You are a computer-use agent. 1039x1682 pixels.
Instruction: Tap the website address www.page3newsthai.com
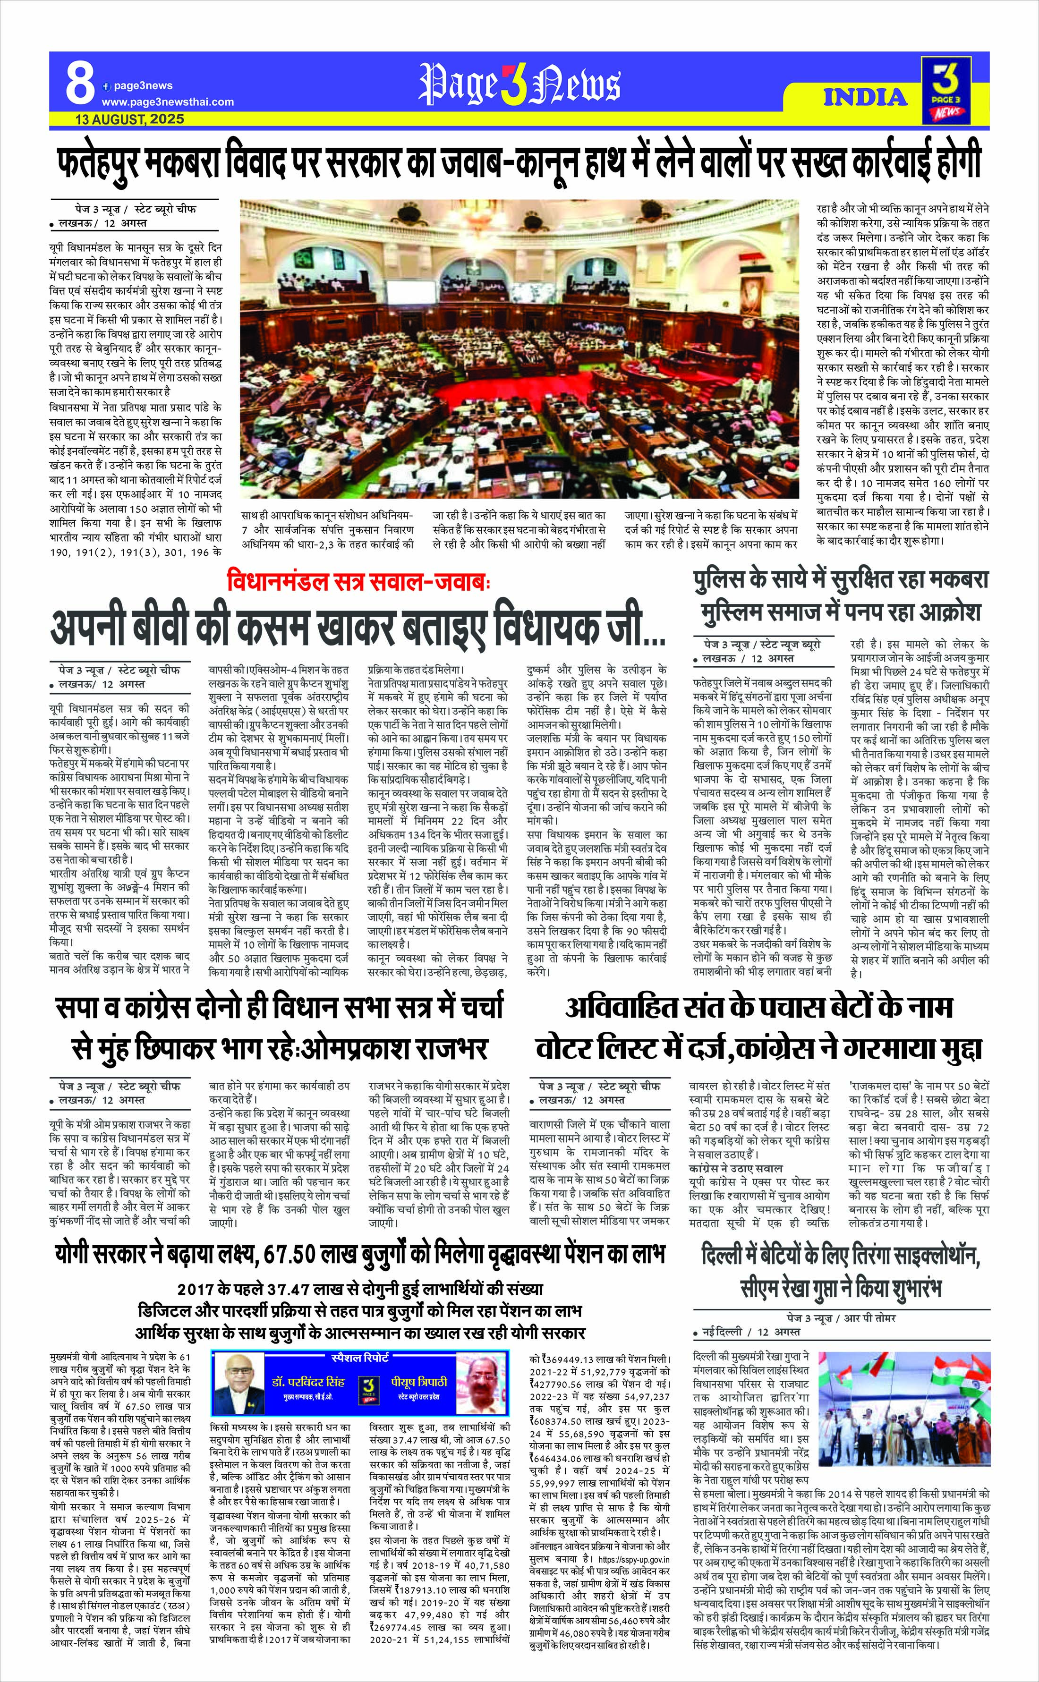click(168, 102)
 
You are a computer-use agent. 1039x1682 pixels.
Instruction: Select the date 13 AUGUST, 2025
click(130, 119)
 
